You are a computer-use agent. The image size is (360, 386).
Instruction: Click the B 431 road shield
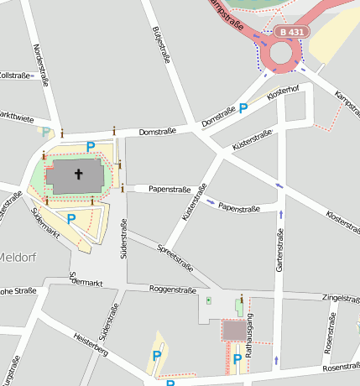pyautogui.click(x=292, y=32)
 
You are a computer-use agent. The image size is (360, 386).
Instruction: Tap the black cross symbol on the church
pyautogui.click(x=80, y=175)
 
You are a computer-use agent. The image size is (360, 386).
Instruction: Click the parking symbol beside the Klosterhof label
pyautogui.click(x=243, y=107)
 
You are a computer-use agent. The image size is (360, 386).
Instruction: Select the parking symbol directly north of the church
pyautogui.click(x=91, y=146)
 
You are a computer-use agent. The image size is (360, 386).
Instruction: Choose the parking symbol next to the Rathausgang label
pyautogui.click(x=237, y=359)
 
